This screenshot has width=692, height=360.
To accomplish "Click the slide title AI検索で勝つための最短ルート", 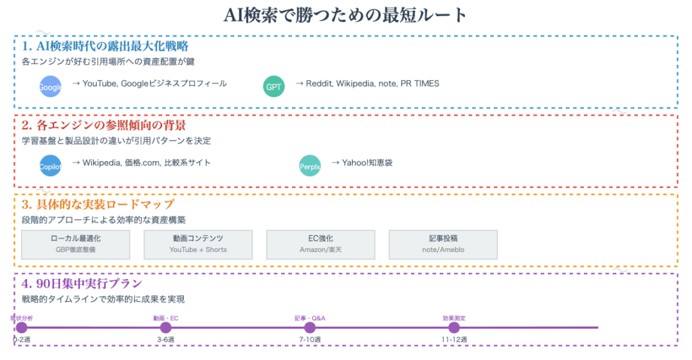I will pyautogui.click(x=345, y=15).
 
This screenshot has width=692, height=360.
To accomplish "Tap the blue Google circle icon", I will pyautogui.click(x=50, y=86).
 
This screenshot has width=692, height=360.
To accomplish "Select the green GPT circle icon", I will pyautogui.click(x=274, y=86).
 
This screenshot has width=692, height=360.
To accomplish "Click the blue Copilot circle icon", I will pyautogui.click(x=50, y=165).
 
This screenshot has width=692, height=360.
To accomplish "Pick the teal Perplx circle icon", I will pyautogui.click(x=310, y=165).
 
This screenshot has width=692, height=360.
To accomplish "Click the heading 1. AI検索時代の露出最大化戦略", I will pyautogui.click(x=105, y=47).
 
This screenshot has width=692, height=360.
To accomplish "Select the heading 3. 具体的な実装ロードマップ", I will pyautogui.click(x=98, y=204).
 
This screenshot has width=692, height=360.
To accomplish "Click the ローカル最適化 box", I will pyautogui.click(x=76, y=244).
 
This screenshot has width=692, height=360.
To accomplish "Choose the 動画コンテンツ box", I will pyautogui.click(x=198, y=244).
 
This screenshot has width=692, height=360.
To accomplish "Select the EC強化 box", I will pyautogui.click(x=320, y=244).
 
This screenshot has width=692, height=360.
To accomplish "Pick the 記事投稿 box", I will pyautogui.click(x=443, y=244).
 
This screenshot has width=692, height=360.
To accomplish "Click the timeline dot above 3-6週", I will pyautogui.click(x=166, y=328).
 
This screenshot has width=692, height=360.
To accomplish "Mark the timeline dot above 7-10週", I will pyautogui.click(x=310, y=328).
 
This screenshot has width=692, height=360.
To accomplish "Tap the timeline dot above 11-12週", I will pyautogui.click(x=454, y=328).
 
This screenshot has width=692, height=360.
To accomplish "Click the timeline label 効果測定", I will pyautogui.click(x=454, y=317).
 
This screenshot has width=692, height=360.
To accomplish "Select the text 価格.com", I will pyautogui.click(x=142, y=163).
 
